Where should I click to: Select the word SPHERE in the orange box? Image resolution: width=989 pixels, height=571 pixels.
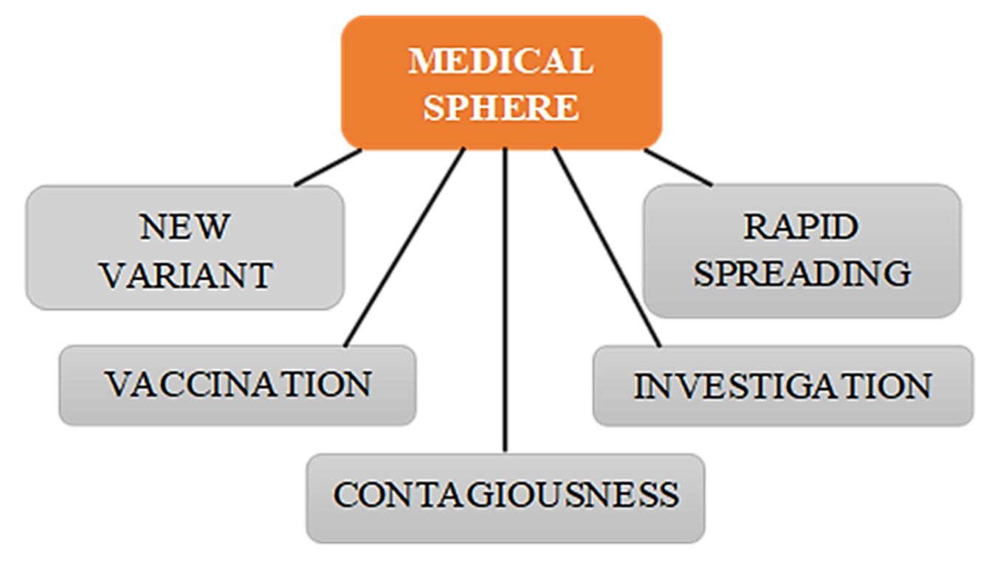[x=501, y=108]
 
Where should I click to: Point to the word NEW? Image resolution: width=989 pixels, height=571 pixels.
[x=185, y=227]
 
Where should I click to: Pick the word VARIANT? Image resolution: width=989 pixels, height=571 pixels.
[x=186, y=275]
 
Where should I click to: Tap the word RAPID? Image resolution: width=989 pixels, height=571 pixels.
[x=802, y=227]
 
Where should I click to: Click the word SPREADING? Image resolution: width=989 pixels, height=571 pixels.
[x=802, y=273]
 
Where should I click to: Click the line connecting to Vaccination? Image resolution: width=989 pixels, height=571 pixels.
[x=404, y=247]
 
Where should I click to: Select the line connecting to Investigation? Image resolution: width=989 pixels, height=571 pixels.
[x=607, y=247]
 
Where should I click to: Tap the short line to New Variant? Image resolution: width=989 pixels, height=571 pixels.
[x=328, y=168]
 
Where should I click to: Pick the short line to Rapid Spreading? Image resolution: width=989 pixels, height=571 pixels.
[x=678, y=168]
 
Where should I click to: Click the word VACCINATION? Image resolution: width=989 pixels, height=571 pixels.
[x=237, y=384]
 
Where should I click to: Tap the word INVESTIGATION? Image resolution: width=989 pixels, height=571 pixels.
[x=783, y=386]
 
